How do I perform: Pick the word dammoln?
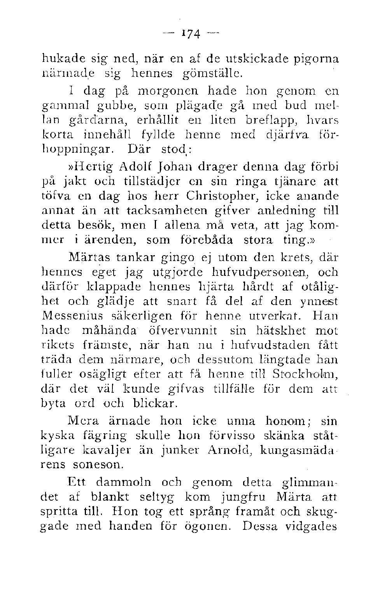click(123, 483)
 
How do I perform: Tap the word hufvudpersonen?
click(253, 272)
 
